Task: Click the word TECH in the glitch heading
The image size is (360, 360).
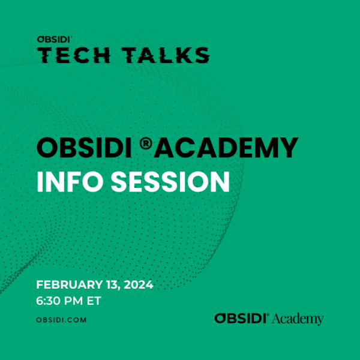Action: [74, 55]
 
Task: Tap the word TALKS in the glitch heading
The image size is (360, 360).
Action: [166, 55]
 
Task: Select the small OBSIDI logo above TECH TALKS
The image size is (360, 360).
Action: [55, 39]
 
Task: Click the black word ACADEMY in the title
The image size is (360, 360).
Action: [226, 148]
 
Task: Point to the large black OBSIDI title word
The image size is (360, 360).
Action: [84, 148]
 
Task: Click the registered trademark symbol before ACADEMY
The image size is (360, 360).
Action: [146, 143]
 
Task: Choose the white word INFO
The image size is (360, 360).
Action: [70, 182]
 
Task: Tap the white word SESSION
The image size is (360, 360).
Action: [170, 182]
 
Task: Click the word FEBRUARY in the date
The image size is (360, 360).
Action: [70, 284]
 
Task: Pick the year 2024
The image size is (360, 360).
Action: [139, 284]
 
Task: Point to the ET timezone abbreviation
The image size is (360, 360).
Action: [94, 301]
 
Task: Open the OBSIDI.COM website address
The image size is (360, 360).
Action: [61, 320]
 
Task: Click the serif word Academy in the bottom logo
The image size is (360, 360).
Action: [298, 319]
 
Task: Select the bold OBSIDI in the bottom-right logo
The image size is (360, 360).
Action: [241, 318]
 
